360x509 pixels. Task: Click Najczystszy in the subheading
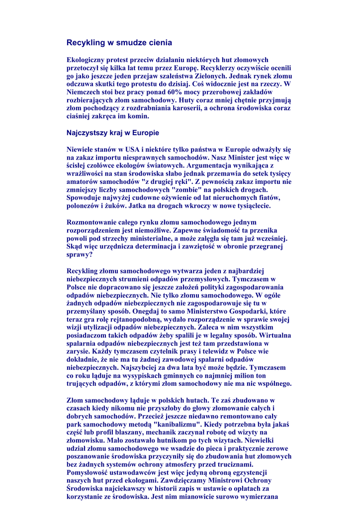point(85,133)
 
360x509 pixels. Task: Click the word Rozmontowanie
point(92,222)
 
